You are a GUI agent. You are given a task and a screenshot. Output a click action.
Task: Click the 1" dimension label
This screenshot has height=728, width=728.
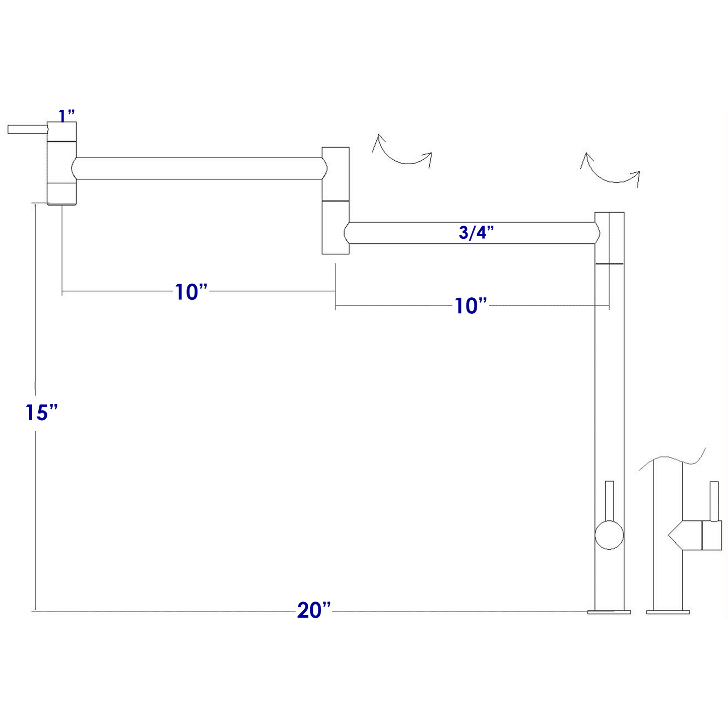click(67, 116)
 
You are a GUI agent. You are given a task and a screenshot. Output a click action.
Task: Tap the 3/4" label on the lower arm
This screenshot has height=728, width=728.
click(477, 233)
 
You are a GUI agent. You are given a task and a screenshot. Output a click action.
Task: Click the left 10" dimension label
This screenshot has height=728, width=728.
click(191, 292)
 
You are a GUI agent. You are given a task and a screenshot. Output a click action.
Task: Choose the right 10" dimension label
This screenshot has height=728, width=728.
click(471, 306)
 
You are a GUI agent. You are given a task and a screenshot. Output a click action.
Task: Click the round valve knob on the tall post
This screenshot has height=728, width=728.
click(609, 535)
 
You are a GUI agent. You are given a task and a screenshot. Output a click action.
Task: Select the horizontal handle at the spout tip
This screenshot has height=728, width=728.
click(28, 129)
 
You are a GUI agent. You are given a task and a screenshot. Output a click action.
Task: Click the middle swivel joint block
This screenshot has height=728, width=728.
click(336, 201)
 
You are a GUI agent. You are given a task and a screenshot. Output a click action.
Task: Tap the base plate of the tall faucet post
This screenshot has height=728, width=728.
click(609, 612)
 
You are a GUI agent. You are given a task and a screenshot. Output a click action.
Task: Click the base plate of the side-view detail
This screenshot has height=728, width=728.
click(668, 612)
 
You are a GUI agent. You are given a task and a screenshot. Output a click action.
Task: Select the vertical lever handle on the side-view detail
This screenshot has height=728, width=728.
click(714, 501)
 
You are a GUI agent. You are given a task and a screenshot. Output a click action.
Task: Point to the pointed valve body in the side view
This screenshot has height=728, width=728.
click(695, 535)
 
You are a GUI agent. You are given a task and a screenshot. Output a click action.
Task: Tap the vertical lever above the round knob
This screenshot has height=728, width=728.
click(609, 501)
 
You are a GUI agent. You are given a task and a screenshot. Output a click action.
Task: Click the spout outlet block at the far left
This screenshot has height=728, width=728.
click(61, 163)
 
